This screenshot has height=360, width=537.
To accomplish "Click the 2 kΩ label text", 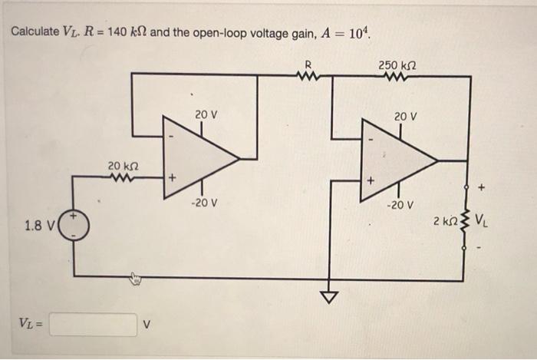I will click(x=444, y=221).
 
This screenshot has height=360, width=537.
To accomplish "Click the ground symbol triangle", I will click(x=331, y=296).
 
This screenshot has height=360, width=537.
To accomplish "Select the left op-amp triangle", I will click(x=197, y=159).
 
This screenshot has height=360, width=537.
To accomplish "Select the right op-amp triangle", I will click(x=396, y=160).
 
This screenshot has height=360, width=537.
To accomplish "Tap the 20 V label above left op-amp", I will click(x=205, y=114).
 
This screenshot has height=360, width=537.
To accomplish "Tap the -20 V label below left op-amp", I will click(x=205, y=203).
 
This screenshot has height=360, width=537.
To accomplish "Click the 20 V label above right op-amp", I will click(x=404, y=116).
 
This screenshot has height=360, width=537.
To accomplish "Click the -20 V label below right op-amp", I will click(x=400, y=205).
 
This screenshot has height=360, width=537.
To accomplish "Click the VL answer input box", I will click(x=93, y=325).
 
